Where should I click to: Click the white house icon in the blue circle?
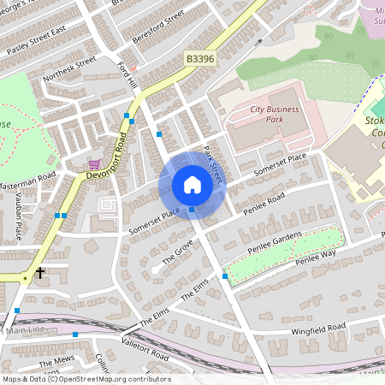192,184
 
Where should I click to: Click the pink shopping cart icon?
94,164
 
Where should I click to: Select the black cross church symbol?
40,274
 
